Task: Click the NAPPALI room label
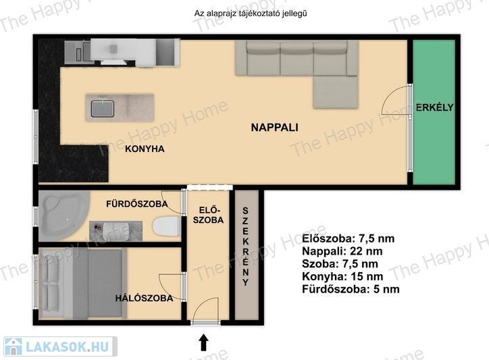tap(274, 127)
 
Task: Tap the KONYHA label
tap(145, 149)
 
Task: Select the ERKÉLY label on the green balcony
tap(434, 107)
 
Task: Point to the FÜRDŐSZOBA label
tap(137, 204)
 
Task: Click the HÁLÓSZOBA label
tap(144, 298)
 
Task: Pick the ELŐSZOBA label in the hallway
tap(208, 215)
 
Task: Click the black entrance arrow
tap(204, 342)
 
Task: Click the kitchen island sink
tap(103, 108)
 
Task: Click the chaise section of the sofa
tap(336, 92)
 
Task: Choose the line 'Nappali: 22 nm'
tap(342, 251)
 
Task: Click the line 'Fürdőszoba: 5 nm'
tap(351, 289)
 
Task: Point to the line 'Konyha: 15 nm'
tap(342, 276)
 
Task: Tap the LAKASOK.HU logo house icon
tap(14, 346)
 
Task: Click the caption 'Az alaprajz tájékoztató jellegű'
tap(251, 14)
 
